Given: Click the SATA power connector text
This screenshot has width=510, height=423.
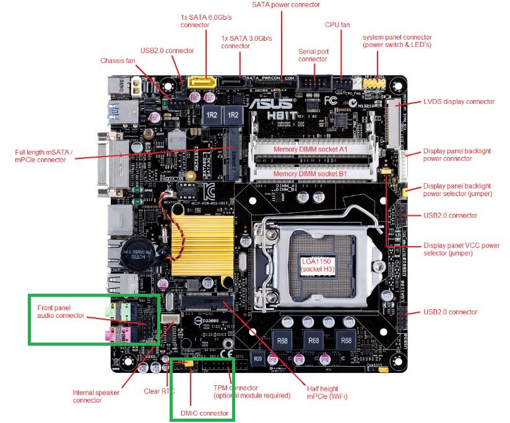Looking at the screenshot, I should (285, 5).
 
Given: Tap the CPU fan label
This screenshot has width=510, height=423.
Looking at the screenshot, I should (337, 25).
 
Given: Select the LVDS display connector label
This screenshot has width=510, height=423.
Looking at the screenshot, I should (459, 101).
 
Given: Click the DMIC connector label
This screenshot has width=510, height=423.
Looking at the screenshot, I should (204, 412).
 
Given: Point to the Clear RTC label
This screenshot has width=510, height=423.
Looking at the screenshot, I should (156, 390).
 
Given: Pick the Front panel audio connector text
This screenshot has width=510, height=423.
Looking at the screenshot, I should (61, 310).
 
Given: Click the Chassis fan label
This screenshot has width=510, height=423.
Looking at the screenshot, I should (118, 61).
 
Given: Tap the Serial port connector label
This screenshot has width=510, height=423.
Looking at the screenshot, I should (313, 55).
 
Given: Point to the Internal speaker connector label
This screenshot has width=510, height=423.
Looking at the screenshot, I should (96, 396).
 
